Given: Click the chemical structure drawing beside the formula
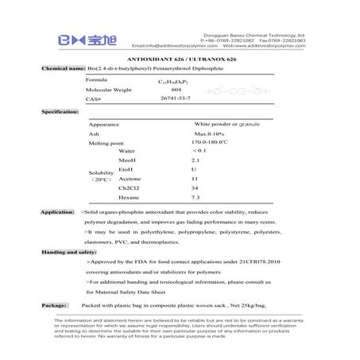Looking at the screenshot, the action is click(238, 93).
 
